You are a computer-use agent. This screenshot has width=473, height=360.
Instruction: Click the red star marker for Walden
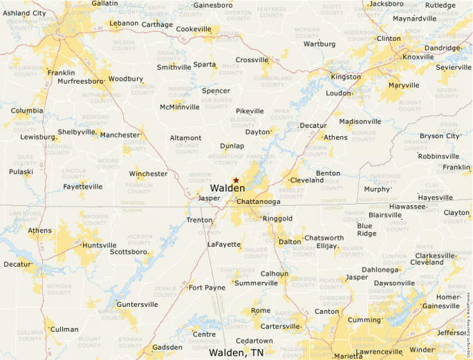click(236, 180)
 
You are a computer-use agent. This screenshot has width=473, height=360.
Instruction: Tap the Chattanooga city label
click(258, 202)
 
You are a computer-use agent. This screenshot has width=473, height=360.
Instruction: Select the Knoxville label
click(418, 57)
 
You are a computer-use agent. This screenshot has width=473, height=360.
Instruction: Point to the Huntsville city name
click(99, 245)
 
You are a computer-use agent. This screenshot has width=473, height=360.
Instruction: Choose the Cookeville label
click(194, 29)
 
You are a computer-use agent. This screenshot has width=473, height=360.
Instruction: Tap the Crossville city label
click(251, 60)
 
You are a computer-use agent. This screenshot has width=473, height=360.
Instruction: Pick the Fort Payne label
click(207, 287)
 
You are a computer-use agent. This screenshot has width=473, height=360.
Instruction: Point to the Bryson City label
click(439, 136)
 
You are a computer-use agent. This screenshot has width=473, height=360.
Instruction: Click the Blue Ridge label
click(367, 229)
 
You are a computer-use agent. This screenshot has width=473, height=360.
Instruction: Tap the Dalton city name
click(289, 242)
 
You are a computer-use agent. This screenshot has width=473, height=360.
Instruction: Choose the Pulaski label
click(21, 171)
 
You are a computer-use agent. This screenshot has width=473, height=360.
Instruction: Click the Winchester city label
click(148, 173)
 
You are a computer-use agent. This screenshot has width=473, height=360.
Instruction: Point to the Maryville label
click(403, 86)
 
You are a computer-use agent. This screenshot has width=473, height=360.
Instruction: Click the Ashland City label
click(25, 13)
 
